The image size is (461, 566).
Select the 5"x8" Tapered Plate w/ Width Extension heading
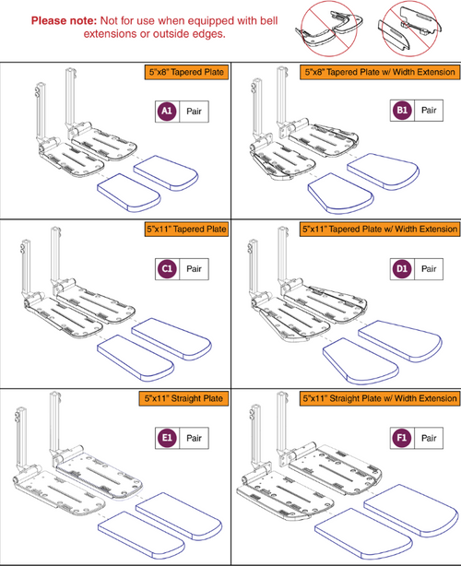379,71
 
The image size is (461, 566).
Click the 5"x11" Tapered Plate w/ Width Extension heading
379,228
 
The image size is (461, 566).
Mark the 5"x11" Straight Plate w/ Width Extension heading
379,397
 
